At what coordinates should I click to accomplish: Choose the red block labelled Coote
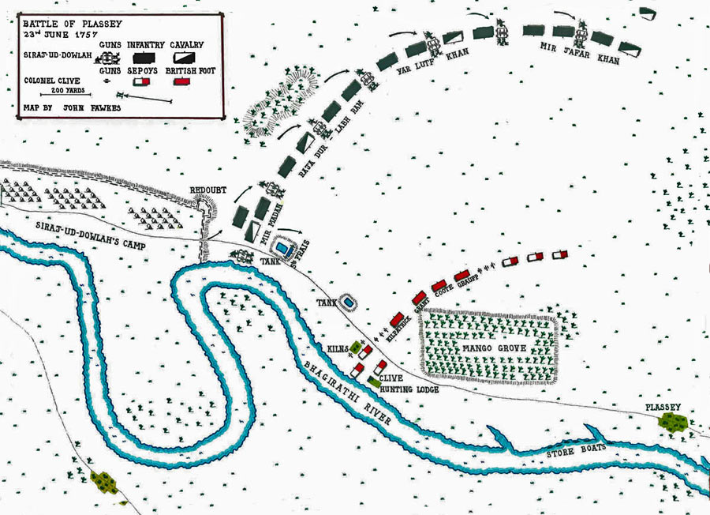pos(440,286)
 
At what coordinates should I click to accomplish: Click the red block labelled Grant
pos(418,299)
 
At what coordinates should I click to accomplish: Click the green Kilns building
pos(357,347)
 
